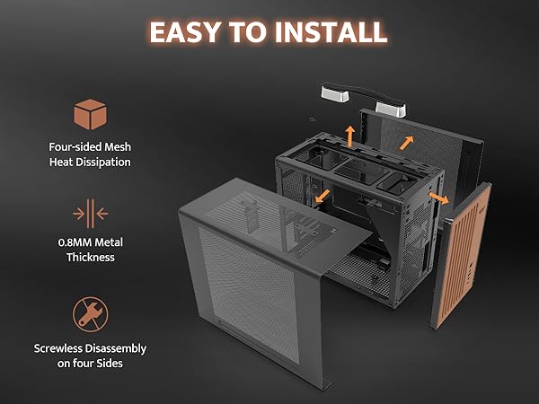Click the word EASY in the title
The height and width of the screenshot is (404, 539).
(x=187, y=32)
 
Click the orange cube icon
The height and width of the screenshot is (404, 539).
(x=90, y=116)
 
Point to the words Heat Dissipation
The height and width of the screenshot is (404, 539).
(x=90, y=162)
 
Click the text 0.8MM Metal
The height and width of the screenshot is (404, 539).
(x=90, y=242)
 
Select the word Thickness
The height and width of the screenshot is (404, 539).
(x=90, y=258)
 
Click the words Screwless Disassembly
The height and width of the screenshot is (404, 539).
(x=90, y=347)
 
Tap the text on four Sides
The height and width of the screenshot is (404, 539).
(x=90, y=364)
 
